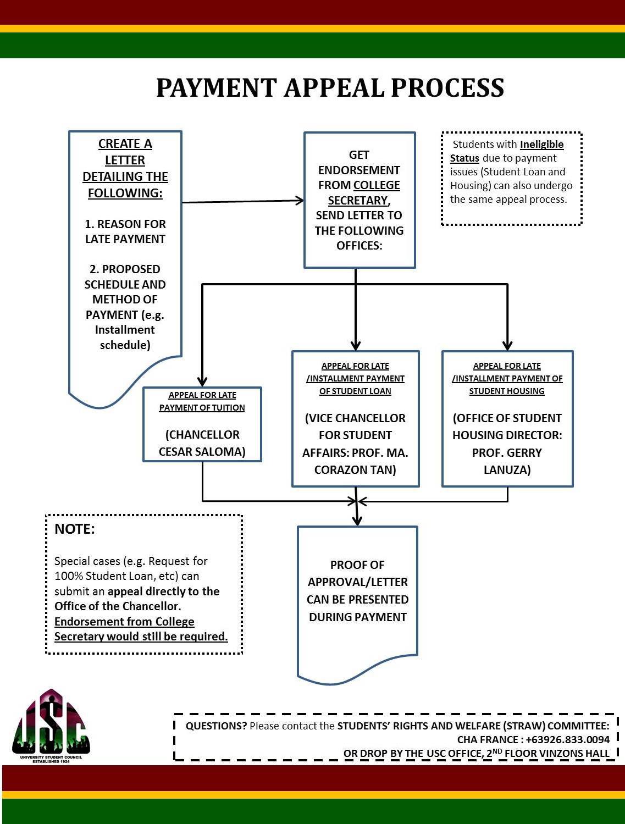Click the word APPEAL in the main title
click(x=334, y=88)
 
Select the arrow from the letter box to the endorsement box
click(x=243, y=202)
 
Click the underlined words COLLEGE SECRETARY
click(x=364, y=192)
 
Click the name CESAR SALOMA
click(x=202, y=451)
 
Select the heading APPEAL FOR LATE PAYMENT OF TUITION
click(x=202, y=401)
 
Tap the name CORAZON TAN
click(x=355, y=469)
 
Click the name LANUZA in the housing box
click(x=507, y=469)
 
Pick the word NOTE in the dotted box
click(x=75, y=529)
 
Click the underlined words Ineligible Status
click(x=507, y=151)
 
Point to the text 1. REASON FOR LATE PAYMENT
click(x=125, y=231)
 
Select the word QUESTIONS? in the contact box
click(x=216, y=726)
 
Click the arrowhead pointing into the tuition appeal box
click(x=202, y=381)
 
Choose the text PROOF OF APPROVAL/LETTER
click(x=357, y=573)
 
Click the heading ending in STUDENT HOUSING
click(x=507, y=378)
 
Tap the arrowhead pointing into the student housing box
click(x=507, y=345)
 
